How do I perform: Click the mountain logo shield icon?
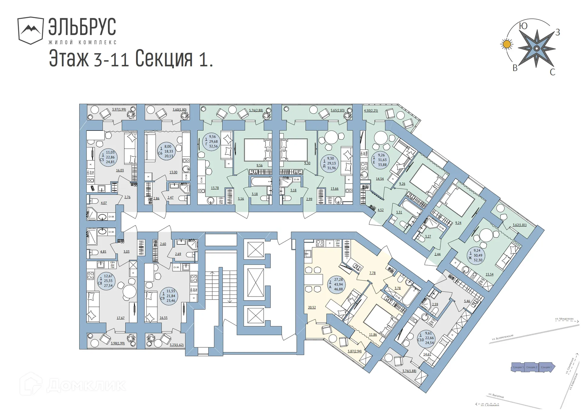tap(30, 30)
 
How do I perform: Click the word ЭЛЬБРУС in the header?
tap(82, 27)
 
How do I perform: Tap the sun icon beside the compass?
tap(507, 44)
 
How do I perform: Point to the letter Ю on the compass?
tap(523, 26)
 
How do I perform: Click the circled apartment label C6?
tap(166, 151)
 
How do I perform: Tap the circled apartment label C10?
tap(426, 338)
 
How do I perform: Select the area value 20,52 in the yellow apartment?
tap(312, 307)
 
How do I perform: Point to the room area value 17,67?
tap(121, 318)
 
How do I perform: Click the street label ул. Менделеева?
tap(564, 319)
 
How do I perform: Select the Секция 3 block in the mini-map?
tap(517, 367)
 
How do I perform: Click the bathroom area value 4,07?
tap(104, 203)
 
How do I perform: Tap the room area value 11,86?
tap(373, 334)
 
